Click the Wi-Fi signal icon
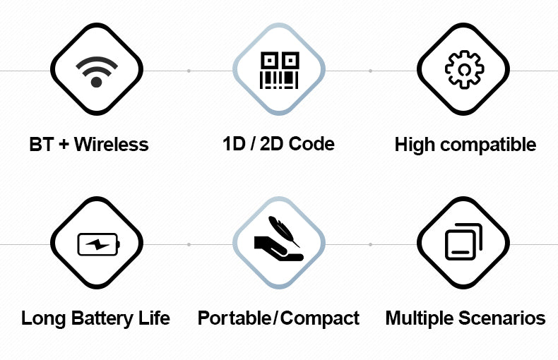click(97, 71)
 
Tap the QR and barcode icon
click(280, 70)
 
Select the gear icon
click(464, 69)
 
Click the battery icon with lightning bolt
click(99, 244)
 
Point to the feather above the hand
click(284, 231)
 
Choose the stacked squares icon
click(463, 241)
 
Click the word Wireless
click(112, 145)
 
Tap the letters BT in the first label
click(41, 145)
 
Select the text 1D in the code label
click(235, 144)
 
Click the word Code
click(311, 144)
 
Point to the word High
click(415, 145)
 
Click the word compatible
click(488, 145)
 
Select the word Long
click(43, 318)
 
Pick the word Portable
click(235, 318)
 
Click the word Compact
click(319, 318)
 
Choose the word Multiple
click(418, 318)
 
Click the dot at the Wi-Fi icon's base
click(97, 82)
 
